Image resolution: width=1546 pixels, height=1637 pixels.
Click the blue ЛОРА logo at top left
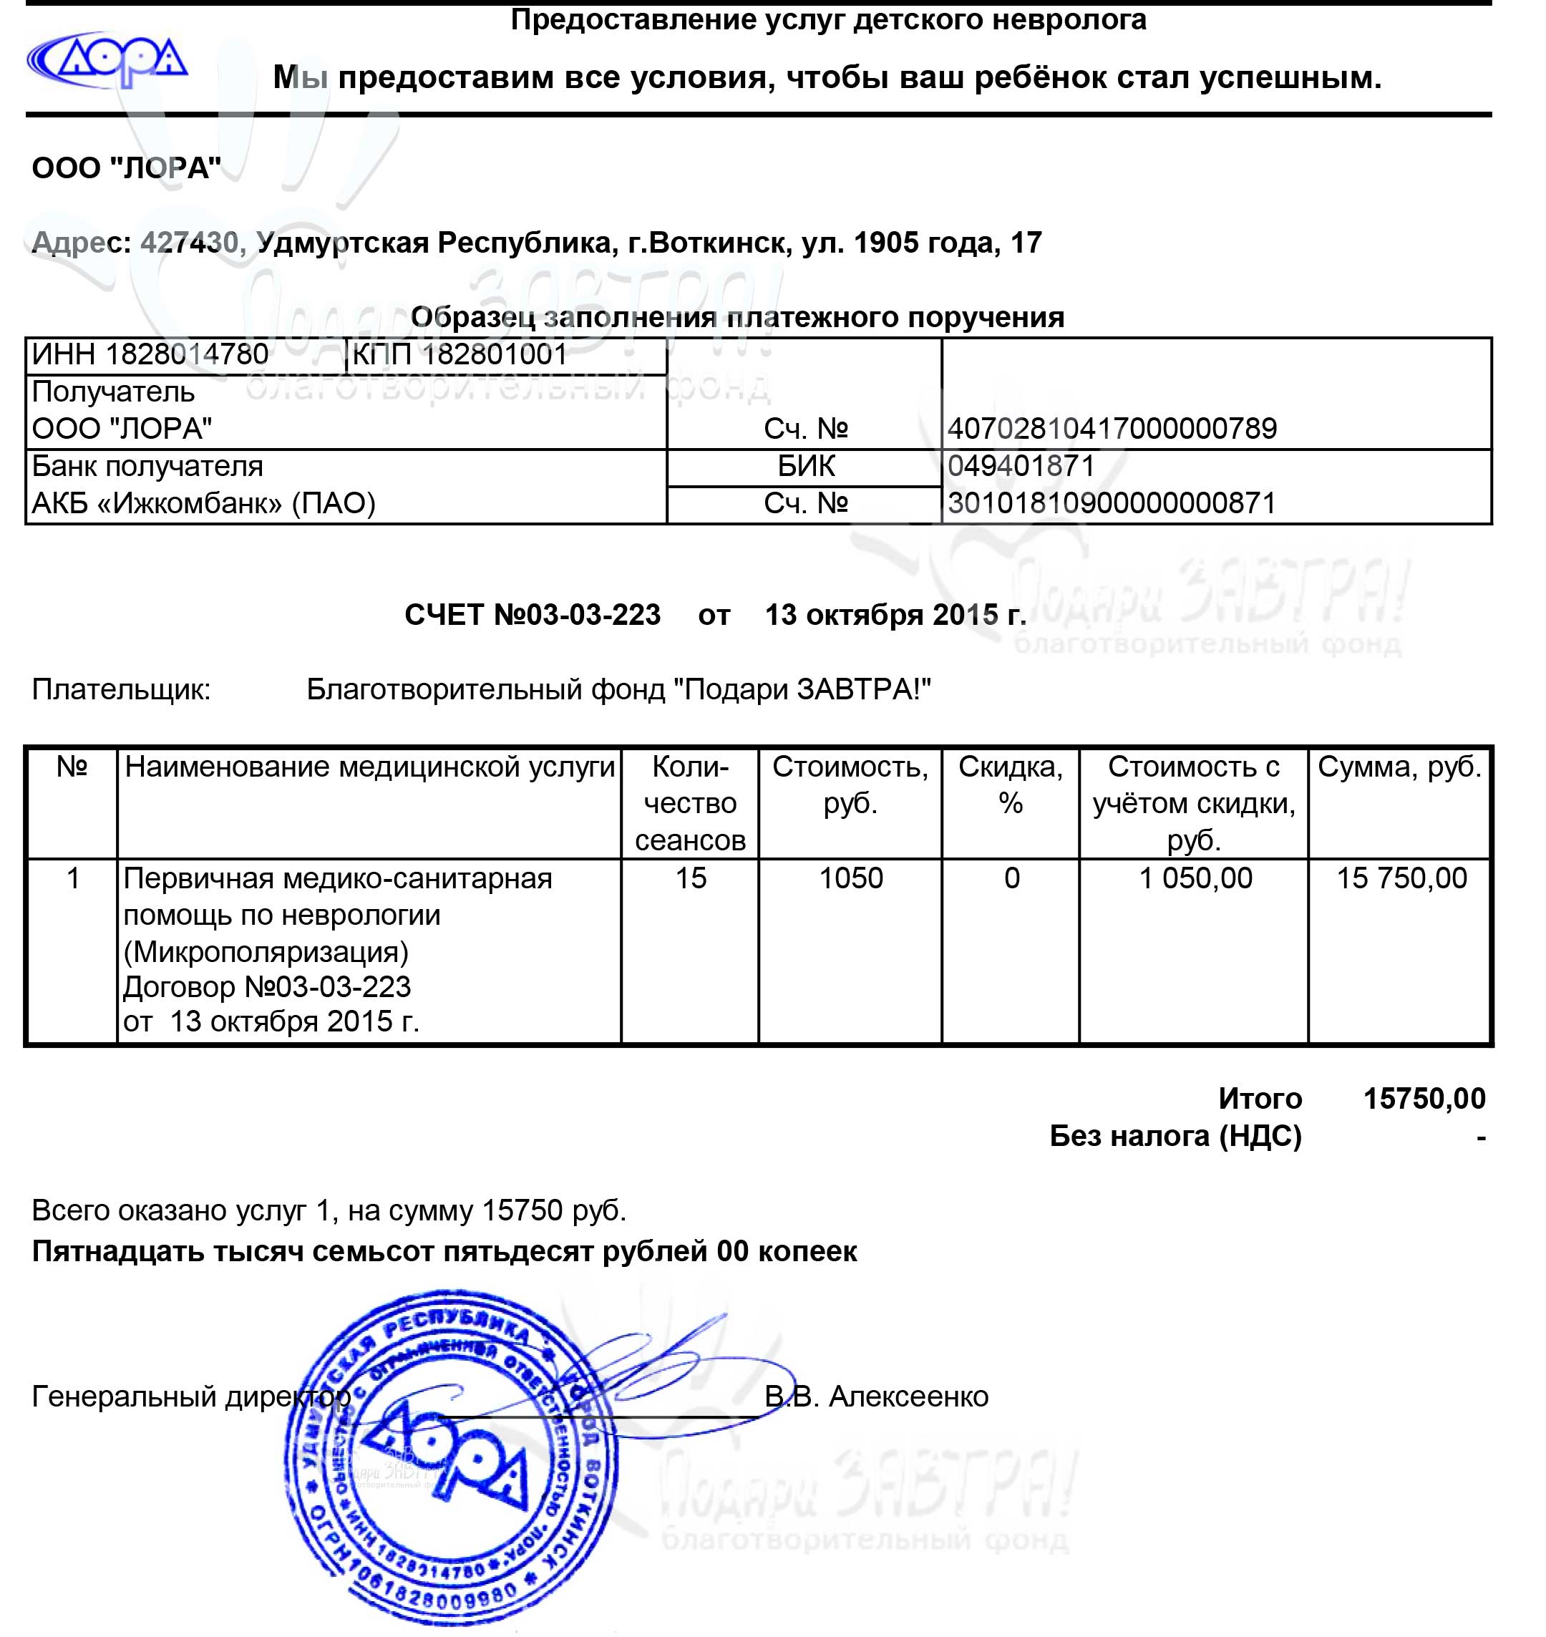coord(107,60)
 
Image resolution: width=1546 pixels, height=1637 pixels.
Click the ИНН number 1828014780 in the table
coord(186,355)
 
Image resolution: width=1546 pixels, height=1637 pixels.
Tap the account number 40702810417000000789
coord(1112,429)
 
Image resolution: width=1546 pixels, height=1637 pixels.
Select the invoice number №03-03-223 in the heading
coord(577,615)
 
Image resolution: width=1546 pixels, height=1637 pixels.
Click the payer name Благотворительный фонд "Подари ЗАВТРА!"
coord(618,689)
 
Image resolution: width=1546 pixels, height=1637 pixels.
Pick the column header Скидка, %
coord(1011,785)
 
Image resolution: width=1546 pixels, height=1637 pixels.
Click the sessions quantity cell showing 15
coord(691,879)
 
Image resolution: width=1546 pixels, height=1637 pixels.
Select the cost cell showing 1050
coord(850,879)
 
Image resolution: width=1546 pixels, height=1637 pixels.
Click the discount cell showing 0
coord(1011,879)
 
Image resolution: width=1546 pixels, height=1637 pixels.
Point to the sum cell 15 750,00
coord(1401,879)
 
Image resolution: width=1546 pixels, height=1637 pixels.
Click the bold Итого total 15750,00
coord(1424,1099)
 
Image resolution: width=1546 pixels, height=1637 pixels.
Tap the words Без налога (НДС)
coord(1175,1137)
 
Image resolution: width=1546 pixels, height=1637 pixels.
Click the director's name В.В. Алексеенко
coord(876,1396)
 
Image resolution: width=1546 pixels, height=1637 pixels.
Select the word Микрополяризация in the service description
coord(266,952)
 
